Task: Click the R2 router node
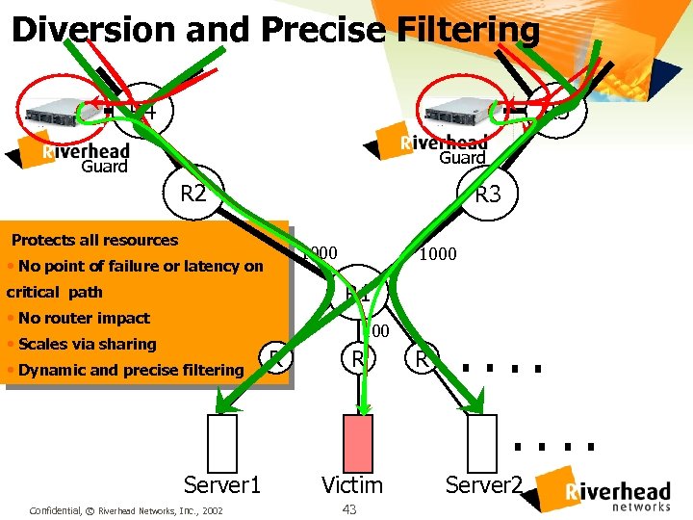(x=193, y=193)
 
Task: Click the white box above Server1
(x=223, y=441)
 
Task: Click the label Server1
(x=222, y=484)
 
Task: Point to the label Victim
(x=352, y=484)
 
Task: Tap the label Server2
(x=483, y=484)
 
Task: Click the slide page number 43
(x=348, y=508)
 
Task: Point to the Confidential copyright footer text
(x=126, y=509)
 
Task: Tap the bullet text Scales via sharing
(x=87, y=344)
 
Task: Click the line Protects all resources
(x=94, y=240)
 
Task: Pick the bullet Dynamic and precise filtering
(x=131, y=370)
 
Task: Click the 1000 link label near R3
(x=437, y=253)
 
